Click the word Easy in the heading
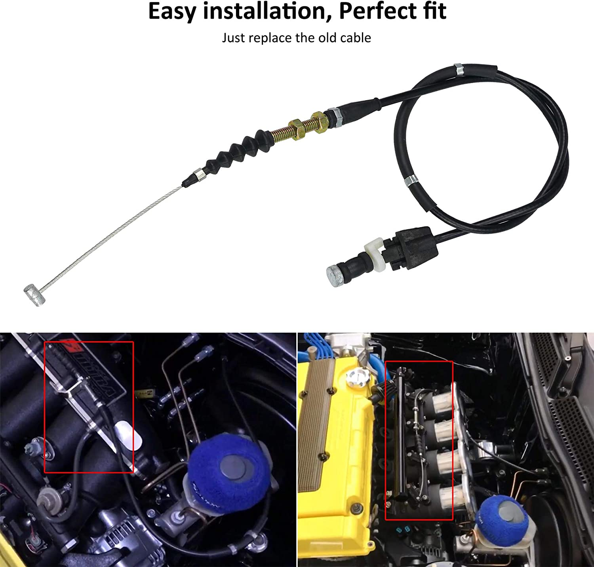(172, 12)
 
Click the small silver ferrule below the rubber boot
(197, 174)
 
